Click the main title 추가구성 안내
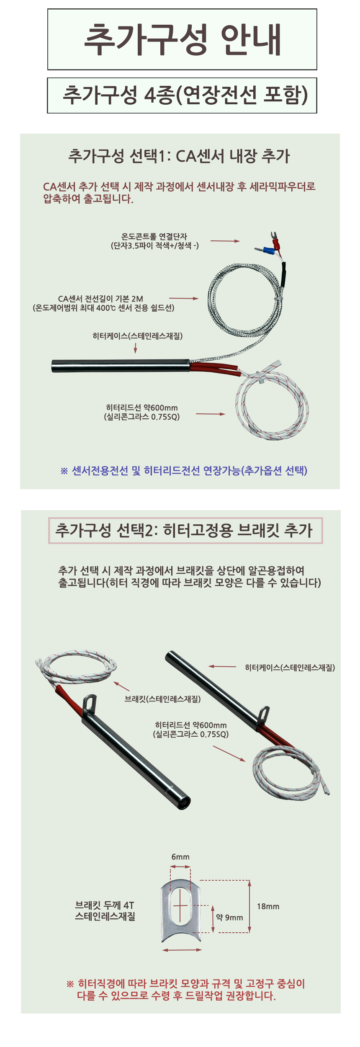click(183, 39)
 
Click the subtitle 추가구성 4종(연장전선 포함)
click(185, 95)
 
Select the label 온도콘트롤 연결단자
click(154, 237)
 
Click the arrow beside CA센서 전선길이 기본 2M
click(183, 298)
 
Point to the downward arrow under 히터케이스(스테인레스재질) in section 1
click(135, 348)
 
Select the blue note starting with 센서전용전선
click(184, 470)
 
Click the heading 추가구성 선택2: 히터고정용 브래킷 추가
click(184, 531)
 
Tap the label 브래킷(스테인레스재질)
click(162, 699)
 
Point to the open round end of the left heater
click(183, 802)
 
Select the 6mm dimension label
click(180, 856)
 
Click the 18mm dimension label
click(268, 906)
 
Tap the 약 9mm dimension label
click(229, 917)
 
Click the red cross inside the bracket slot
click(180, 905)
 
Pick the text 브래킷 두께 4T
click(105, 905)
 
